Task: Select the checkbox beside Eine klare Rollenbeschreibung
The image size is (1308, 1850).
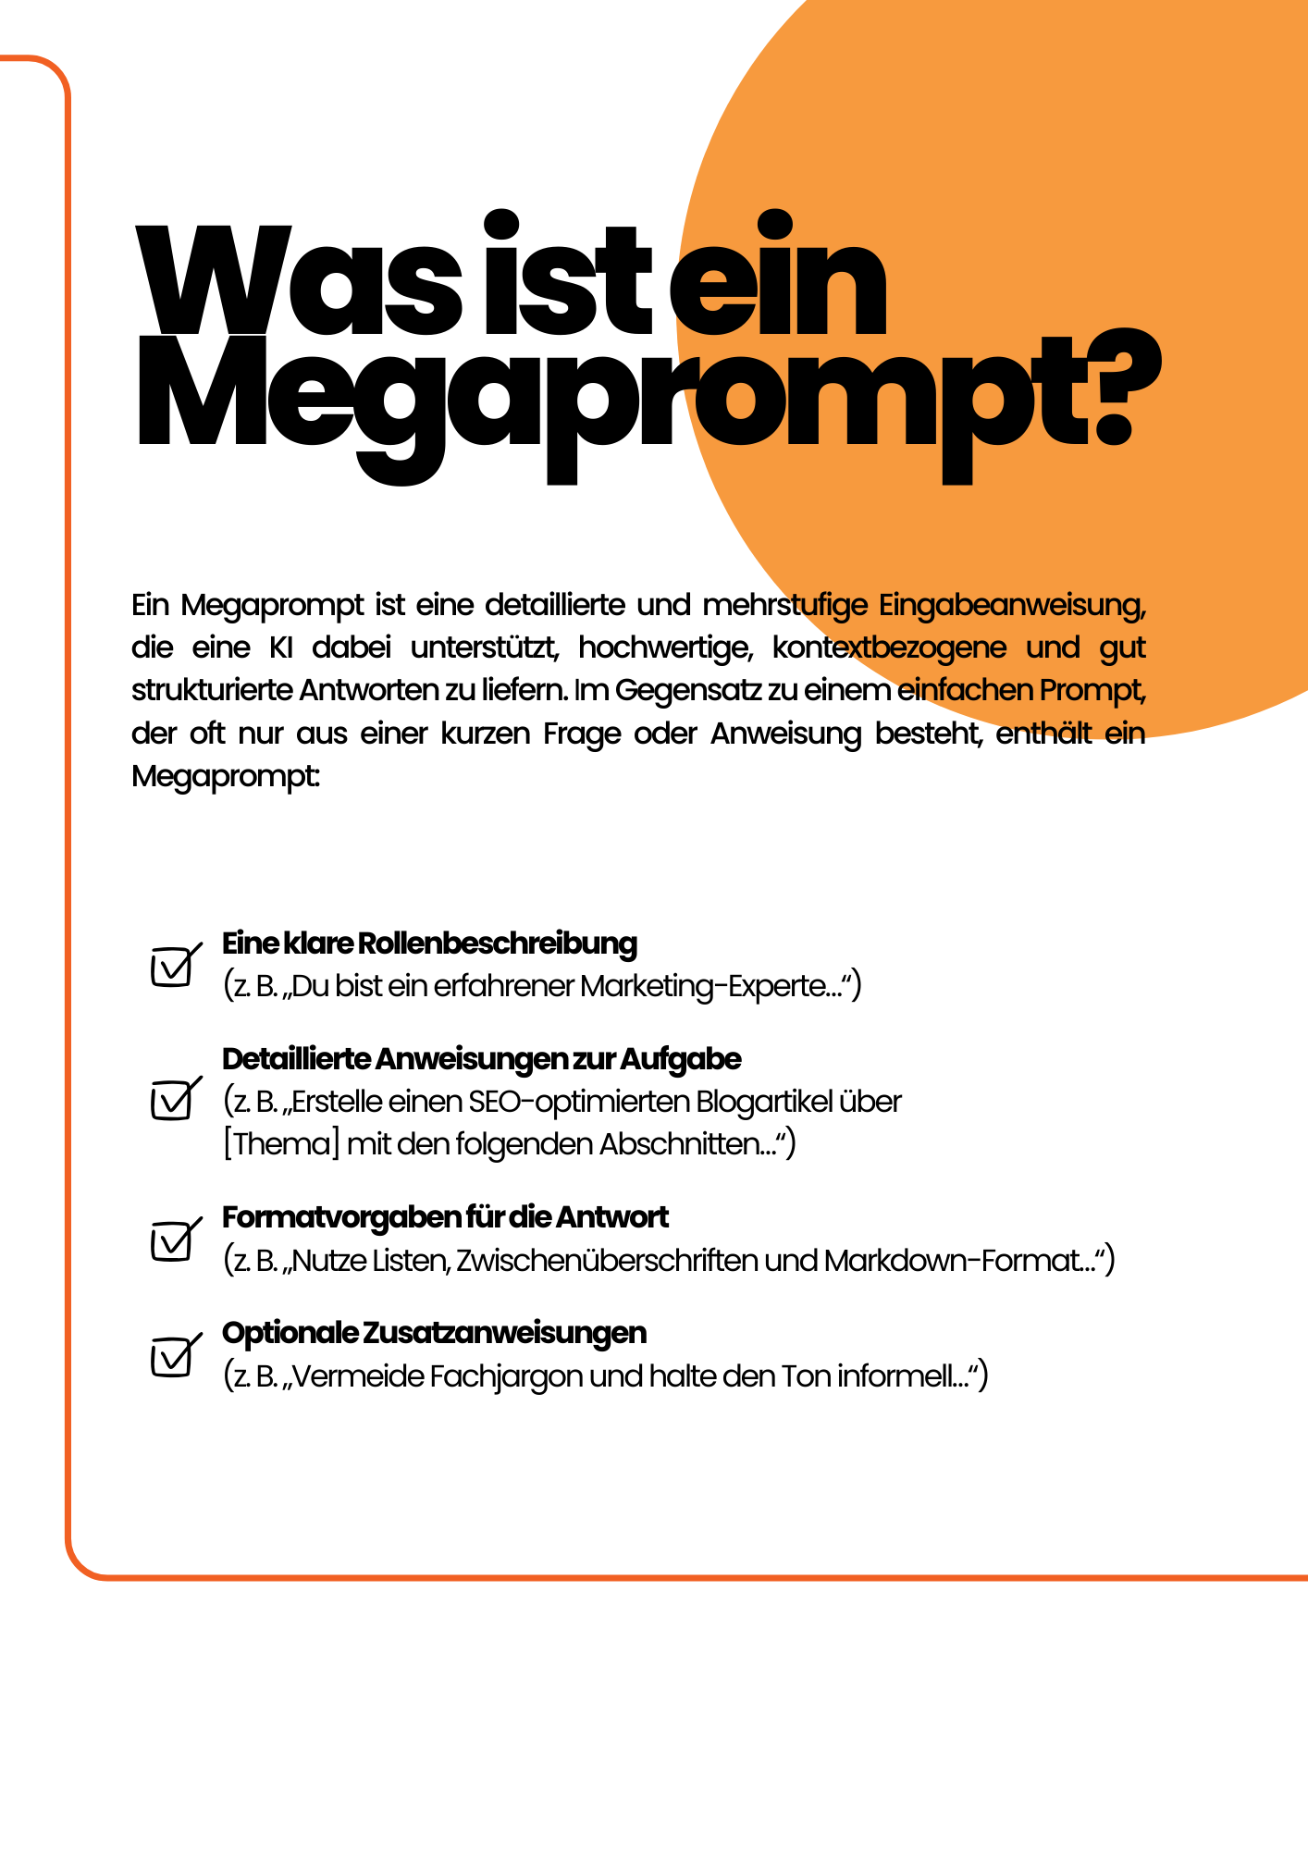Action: [172, 967]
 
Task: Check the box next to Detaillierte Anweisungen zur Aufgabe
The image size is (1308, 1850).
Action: [172, 1101]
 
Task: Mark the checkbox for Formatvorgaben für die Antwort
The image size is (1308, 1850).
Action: [172, 1240]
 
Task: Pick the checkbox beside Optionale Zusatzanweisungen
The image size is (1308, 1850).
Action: [172, 1357]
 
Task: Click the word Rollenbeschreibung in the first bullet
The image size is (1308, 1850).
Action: [497, 943]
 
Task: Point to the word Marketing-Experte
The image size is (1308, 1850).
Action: [710, 986]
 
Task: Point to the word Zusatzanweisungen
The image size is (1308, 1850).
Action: [504, 1333]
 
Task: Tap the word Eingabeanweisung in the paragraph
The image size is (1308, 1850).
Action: [1011, 605]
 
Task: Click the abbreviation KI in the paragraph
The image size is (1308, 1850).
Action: [280, 647]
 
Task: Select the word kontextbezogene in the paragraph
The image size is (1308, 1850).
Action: [889, 647]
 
